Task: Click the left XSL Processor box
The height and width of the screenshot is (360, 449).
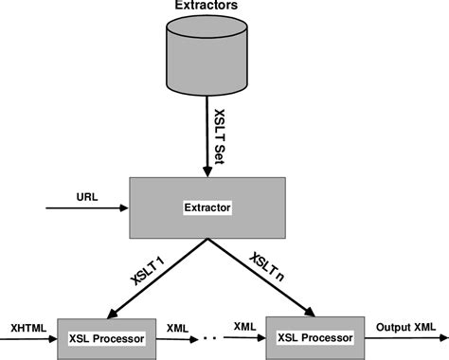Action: click(x=106, y=337)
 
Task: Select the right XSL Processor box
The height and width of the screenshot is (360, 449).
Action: click(x=314, y=337)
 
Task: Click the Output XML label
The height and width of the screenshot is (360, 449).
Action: click(x=407, y=327)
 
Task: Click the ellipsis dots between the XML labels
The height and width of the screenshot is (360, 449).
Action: click(x=211, y=337)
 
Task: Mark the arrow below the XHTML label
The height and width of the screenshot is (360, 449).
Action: click(x=28, y=338)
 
